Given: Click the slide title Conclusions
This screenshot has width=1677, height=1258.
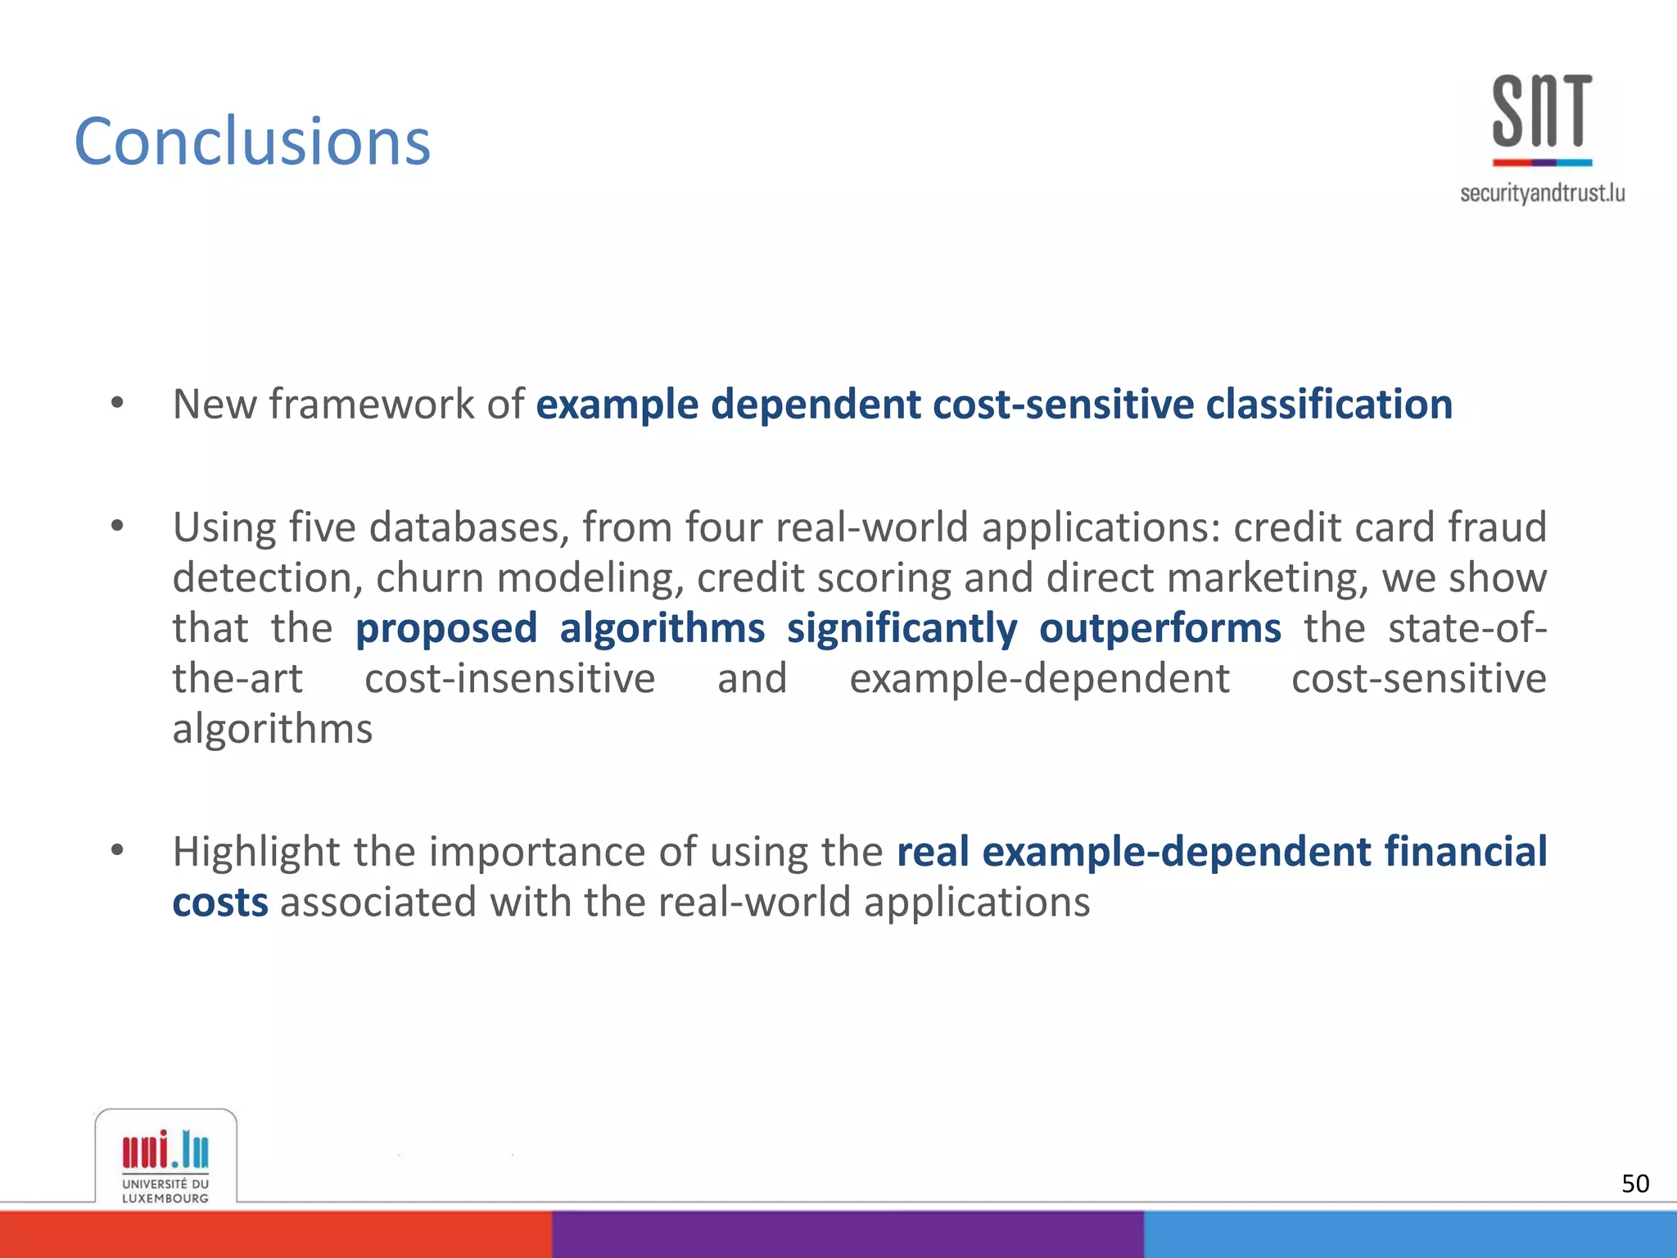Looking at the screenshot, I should [x=252, y=141].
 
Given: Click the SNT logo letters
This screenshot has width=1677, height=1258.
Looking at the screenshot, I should [x=1542, y=111].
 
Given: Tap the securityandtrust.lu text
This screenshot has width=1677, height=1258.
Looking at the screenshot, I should [x=1542, y=193].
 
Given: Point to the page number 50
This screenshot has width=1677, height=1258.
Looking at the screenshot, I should [x=1635, y=1183].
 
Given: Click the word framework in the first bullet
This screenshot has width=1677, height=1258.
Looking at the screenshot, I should [x=372, y=404].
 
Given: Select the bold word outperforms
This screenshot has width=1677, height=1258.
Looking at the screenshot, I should [x=1159, y=628].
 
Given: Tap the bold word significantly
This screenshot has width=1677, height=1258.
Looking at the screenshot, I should [x=902, y=630].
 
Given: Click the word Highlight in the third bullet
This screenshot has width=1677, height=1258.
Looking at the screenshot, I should [x=255, y=852].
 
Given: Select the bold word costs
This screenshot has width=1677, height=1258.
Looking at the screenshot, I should [x=220, y=902].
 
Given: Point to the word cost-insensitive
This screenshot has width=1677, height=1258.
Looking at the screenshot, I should [x=509, y=679].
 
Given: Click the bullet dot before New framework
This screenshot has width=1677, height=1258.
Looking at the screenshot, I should [x=117, y=402].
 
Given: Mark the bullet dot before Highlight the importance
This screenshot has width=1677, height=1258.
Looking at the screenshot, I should [x=117, y=850].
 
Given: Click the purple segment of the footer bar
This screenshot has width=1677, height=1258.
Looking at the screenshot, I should [x=848, y=1234].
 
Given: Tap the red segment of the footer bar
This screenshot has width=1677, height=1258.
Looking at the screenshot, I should [x=275, y=1234].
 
